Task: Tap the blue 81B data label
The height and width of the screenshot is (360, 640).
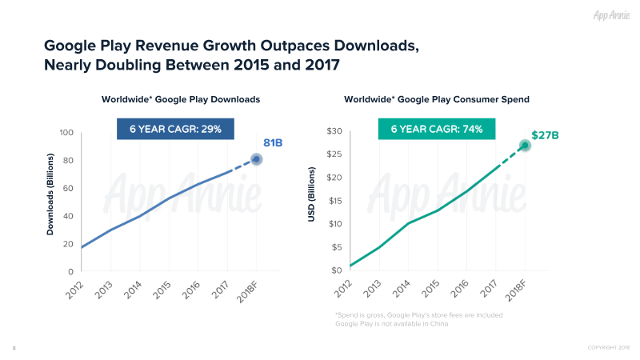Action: click(274, 142)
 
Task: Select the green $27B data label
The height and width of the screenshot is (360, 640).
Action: click(545, 136)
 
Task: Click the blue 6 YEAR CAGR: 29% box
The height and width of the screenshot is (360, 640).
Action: click(175, 129)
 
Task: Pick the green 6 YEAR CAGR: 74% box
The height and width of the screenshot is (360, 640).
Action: click(436, 129)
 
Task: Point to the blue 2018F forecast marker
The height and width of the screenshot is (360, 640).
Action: click(256, 159)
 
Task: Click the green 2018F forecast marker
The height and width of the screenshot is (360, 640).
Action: click(525, 146)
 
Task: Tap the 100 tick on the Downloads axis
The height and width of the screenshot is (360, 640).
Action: click(67, 133)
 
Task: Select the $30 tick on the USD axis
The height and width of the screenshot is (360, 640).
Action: click(335, 131)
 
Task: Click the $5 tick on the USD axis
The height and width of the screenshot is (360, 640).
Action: click(338, 247)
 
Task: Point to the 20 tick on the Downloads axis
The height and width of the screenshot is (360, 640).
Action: click(70, 244)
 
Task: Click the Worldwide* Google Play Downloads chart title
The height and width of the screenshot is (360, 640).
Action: click(181, 99)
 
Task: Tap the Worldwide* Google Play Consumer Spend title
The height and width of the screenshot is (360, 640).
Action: click(436, 99)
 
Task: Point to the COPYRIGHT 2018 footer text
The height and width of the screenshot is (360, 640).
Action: click(609, 347)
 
